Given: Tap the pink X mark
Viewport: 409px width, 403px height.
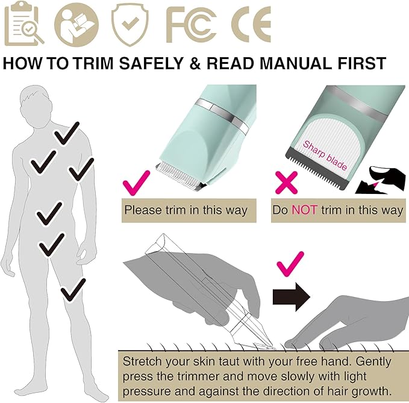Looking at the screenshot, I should tap(285, 181).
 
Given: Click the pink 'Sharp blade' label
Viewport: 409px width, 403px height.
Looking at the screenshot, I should tap(325, 155).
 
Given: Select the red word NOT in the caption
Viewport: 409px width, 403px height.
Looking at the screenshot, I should tap(305, 210).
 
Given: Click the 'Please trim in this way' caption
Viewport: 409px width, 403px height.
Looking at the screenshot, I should tap(186, 210).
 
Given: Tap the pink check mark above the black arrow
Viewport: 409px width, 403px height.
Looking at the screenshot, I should tap(290, 264).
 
